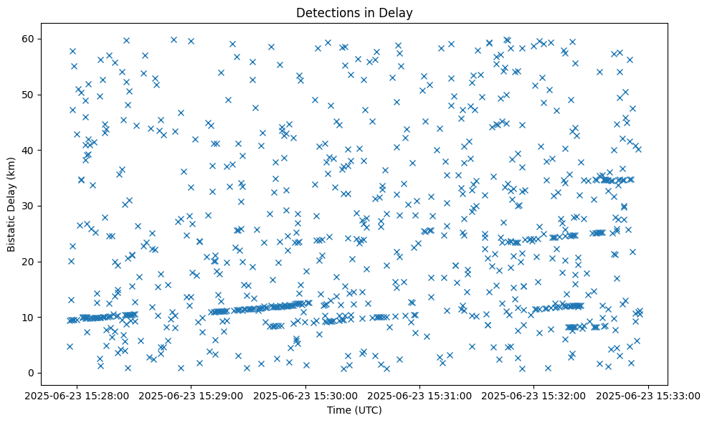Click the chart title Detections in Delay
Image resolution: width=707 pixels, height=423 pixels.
point(353,13)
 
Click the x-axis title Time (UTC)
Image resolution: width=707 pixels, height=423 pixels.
point(353,410)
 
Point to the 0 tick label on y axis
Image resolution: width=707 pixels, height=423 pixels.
point(32,373)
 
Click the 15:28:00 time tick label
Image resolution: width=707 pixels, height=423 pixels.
point(78,395)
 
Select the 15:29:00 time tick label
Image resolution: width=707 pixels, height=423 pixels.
point(192,395)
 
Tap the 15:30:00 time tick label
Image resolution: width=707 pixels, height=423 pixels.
point(306,395)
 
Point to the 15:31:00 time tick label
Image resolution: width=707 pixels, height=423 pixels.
point(420,395)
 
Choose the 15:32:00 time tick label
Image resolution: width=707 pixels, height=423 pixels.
point(534,395)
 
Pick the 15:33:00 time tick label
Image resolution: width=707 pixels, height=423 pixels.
point(648,395)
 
